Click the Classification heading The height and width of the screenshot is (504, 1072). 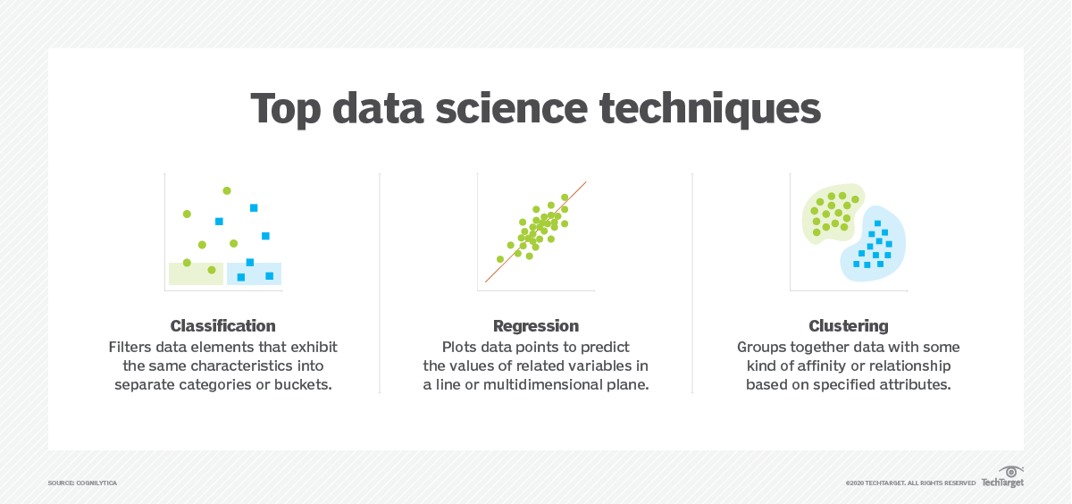coord(222,326)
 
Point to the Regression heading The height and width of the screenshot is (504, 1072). coord(536,326)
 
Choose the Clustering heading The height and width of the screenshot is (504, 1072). coord(849,326)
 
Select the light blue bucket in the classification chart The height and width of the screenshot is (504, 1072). coord(255,273)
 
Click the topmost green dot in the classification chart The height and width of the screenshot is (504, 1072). coord(227,190)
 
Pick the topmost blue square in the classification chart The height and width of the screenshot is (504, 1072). coord(254,208)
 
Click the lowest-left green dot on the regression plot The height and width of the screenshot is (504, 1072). coord(500,259)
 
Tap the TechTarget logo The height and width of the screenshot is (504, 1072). coord(1002,478)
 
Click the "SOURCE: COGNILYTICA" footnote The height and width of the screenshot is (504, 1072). coord(82,483)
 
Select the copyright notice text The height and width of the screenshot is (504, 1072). coord(910,483)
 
